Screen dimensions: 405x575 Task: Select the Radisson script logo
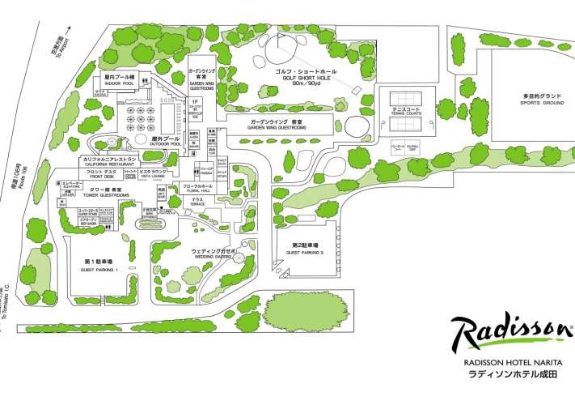511,332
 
